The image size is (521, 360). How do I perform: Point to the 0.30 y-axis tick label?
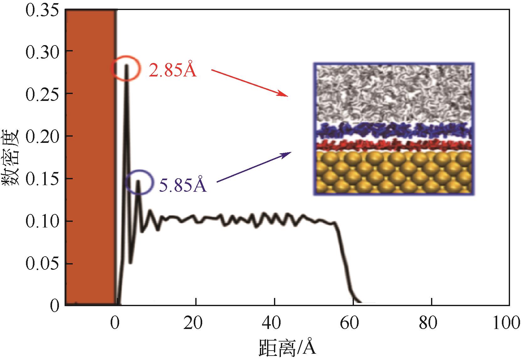click(x=42, y=51)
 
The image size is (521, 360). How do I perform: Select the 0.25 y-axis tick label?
click(x=42, y=94)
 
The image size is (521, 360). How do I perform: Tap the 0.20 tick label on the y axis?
click(x=42, y=136)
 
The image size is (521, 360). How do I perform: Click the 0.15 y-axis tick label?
click(x=42, y=179)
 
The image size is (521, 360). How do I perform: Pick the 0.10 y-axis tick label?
click(x=42, y=222)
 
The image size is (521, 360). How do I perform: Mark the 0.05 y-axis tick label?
click(x=42, y=264)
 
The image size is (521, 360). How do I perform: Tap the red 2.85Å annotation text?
click(x=172, y=70)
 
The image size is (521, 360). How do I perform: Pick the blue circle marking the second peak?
click(x=139, y=182)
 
